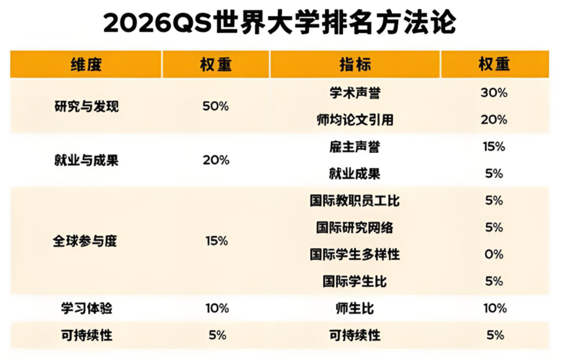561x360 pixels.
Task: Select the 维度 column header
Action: click(x=86, y=65)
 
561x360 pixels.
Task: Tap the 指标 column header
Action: click(x=355, y=65)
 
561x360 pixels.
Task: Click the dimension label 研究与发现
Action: click(x=86, y=107)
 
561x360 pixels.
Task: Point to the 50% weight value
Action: click(x=215, y=107)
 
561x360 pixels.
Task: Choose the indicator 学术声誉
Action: click(x=355, y=93)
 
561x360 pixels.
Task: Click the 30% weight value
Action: click(x=494, y=93)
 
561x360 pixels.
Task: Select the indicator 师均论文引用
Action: click(x=355, y=120)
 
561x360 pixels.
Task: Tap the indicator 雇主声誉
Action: click(x=355, y=147)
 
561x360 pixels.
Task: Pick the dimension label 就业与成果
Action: click(x=86, y=160)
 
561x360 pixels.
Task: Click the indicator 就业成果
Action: click(x=355, y=174)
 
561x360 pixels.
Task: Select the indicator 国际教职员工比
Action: click(x=355, y=201)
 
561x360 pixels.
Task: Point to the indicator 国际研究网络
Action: click(x=355, y=228)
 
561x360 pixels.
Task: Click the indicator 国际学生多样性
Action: click(x=355, y=255)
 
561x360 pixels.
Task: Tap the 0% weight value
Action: click(x=494, y=255)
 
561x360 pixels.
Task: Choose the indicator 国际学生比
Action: click(x=355, y=281)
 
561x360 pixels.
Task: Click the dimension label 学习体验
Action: click(x=86, y=308)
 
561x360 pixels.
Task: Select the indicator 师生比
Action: click(x=355, y=308)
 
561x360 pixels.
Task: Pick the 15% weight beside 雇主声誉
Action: click(x=494, y=147)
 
